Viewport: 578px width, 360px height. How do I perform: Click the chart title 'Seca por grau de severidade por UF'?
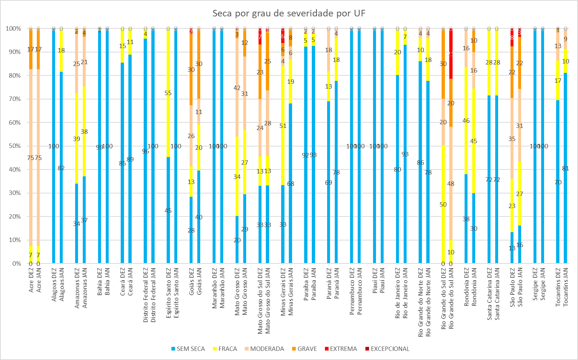point(289,13)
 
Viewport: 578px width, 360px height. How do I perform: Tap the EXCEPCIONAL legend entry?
point(387,349)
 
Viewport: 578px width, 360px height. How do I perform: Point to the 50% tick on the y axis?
point(14,146)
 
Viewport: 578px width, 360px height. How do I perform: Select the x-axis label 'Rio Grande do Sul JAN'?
point(451,298)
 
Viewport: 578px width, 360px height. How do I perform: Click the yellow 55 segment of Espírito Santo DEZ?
point(168,93)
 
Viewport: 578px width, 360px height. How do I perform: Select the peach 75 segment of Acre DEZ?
point(31,158)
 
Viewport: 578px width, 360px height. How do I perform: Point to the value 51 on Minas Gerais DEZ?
point(283,126)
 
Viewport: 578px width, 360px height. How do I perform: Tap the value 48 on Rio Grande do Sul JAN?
point(451,184)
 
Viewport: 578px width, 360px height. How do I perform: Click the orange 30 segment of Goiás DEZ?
point(191,70)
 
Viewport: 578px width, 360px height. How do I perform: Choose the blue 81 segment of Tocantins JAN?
point(565,168)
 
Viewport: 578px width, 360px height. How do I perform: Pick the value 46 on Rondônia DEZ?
point(466,121)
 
